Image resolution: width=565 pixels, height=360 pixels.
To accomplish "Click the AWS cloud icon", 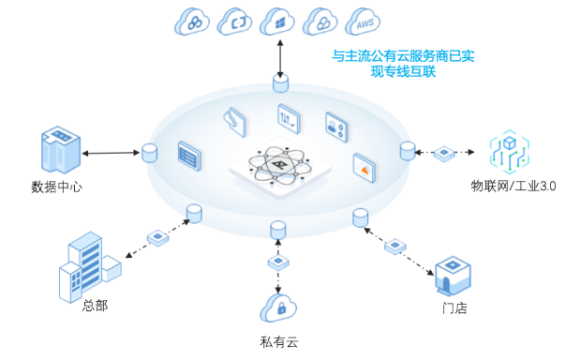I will coord(363,22).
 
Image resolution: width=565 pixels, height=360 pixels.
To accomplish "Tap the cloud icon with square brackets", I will coord(234,22).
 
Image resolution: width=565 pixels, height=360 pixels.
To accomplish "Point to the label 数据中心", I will coord(56,187).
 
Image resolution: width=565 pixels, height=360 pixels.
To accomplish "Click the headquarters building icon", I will coord(88,267).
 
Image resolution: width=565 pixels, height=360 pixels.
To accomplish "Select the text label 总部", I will coord(95,306).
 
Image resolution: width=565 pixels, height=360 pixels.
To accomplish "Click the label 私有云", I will coord(278,342).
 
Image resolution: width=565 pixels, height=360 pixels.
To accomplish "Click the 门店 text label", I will coord(454,307).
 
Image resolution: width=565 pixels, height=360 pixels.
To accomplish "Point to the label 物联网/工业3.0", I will coord(513,186).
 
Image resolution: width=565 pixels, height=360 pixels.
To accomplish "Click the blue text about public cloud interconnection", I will coord(404,63).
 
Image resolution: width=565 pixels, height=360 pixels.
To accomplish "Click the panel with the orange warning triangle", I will coord(364,166).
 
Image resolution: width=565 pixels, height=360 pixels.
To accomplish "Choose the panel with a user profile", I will coord(336,125).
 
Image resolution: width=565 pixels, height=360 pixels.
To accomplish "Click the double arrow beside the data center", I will coord(110,152).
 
